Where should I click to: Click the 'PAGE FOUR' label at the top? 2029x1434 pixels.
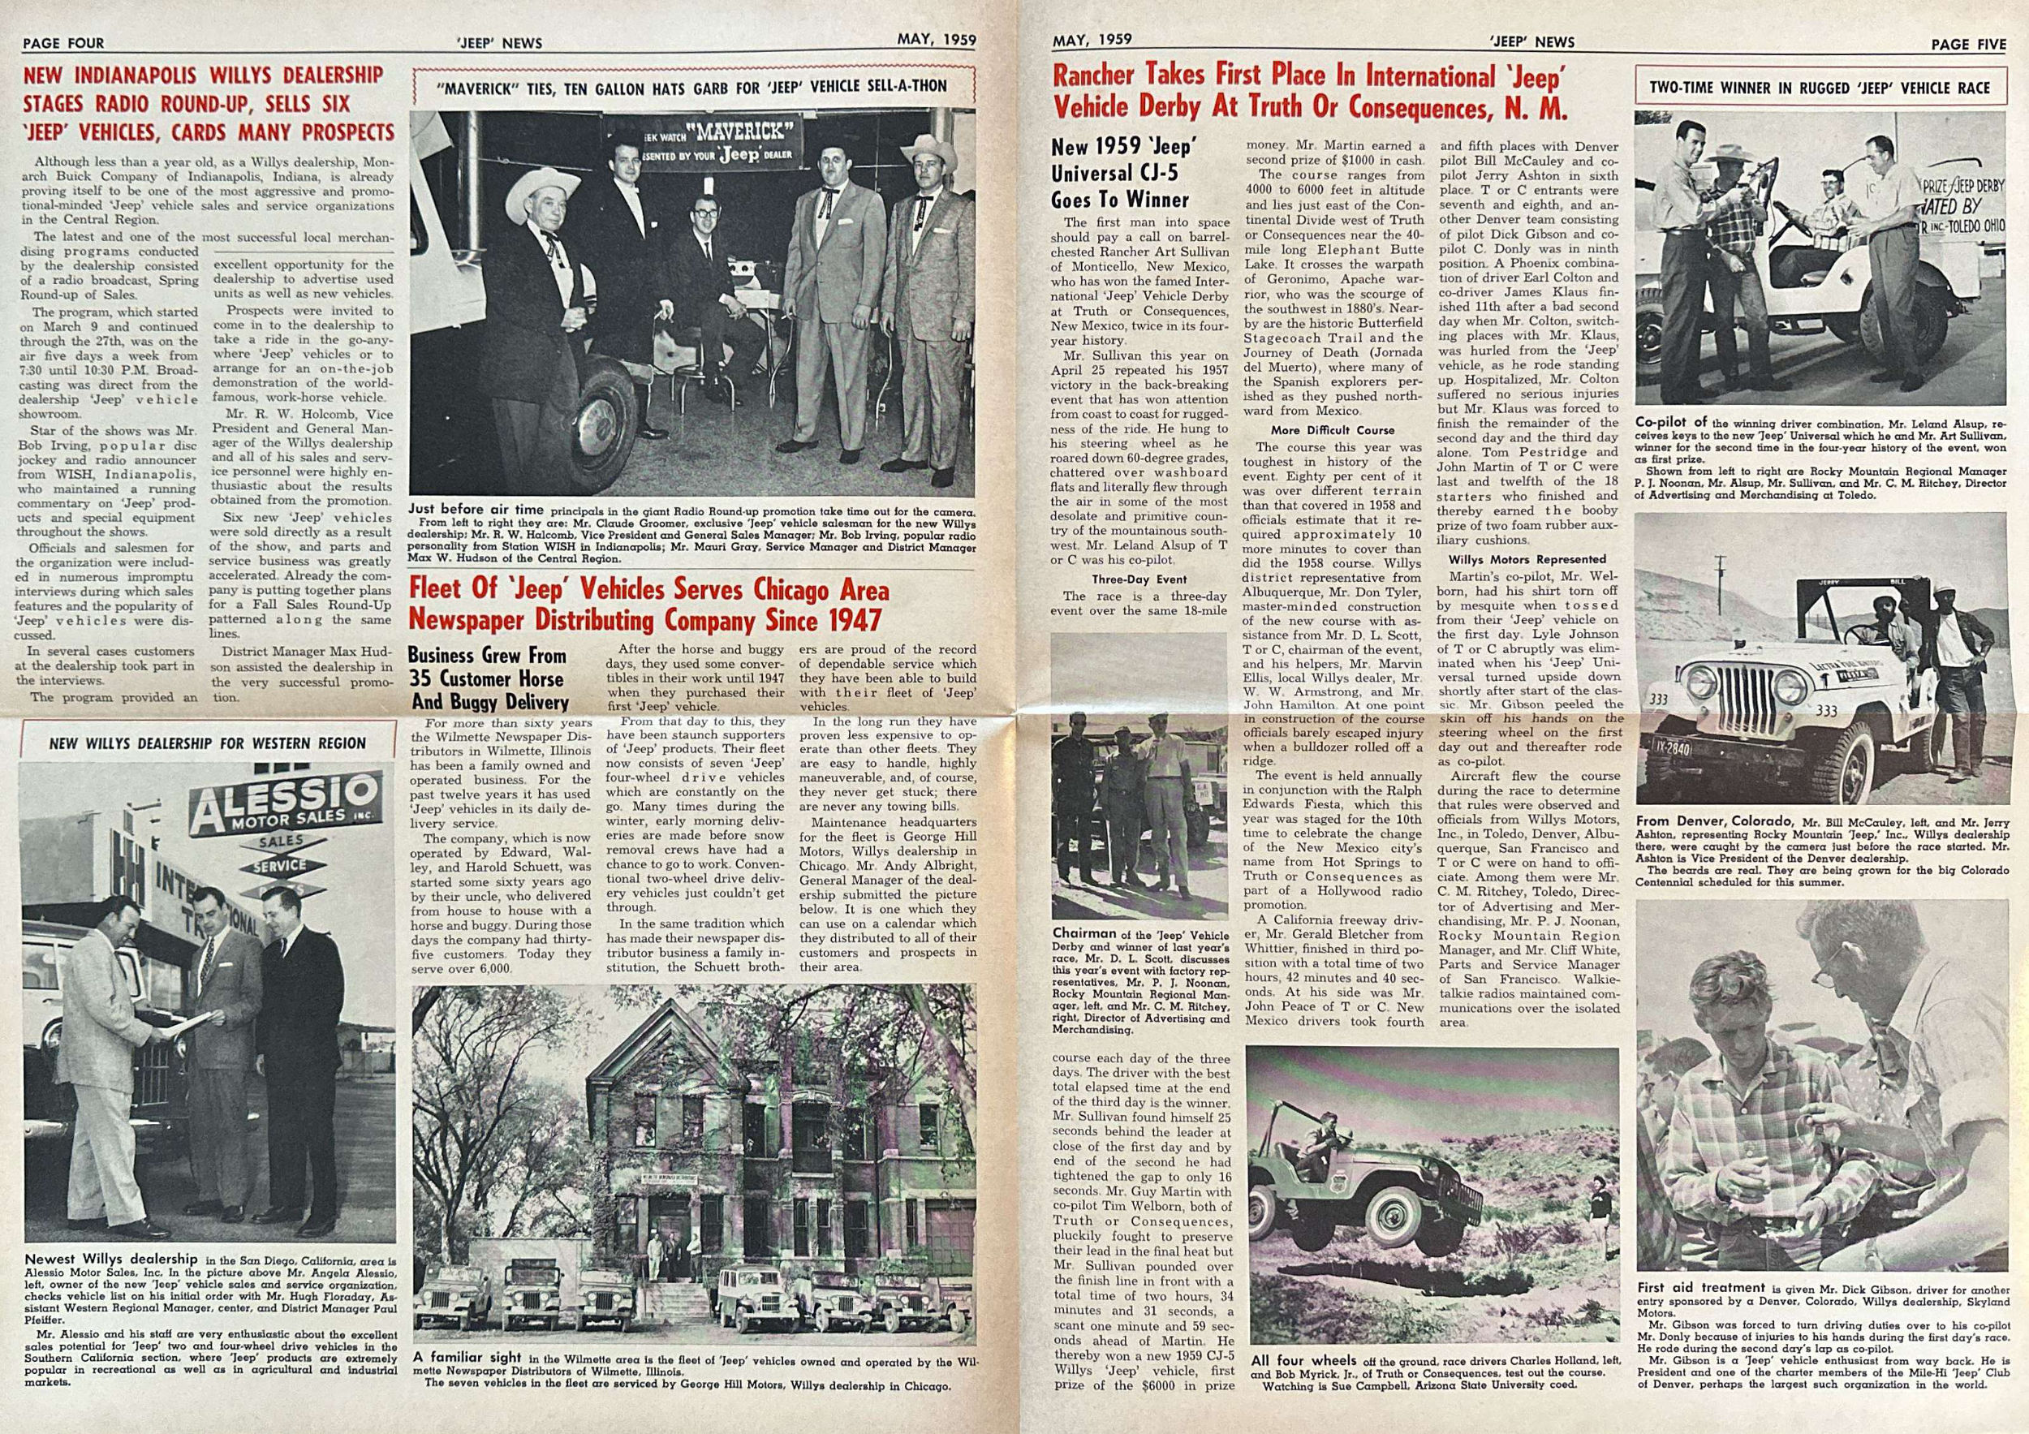[63, 42]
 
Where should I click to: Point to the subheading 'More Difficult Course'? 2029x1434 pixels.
[1333, 430]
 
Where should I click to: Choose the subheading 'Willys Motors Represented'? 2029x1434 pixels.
[1527, 559]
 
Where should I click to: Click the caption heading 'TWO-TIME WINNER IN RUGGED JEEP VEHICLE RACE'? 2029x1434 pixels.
[1820, 88]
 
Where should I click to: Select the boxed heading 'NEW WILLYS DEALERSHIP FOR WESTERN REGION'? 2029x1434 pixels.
[207, 743]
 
